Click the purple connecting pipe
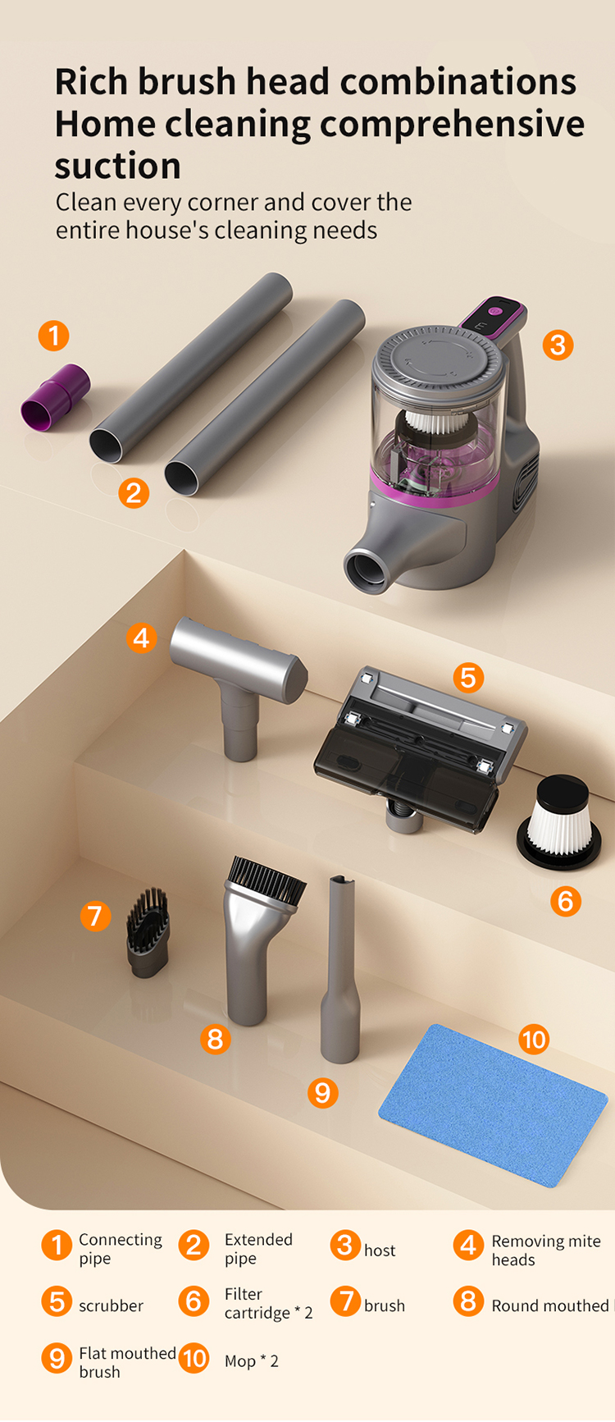[x=54, y=398]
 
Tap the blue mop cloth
[x=493, y=1104]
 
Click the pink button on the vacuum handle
[x=495, y=311]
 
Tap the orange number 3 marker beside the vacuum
[x=558, y=345]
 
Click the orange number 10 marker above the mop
[x=534, y=1040]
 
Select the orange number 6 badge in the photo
[x=565, y=901]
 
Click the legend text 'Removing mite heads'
[x=545, y=1251]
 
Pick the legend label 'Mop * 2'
[x=251, y=1361]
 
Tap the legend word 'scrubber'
[x=111, y=1305]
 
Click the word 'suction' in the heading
[x=117, y=167]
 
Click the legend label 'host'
[x=380, y=1251]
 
